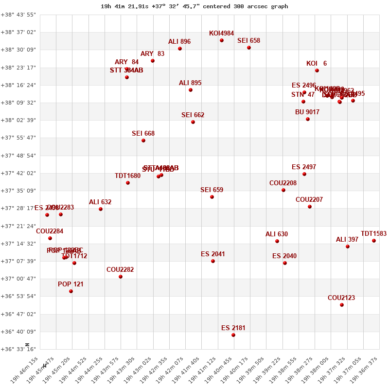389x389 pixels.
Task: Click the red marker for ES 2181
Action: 233,335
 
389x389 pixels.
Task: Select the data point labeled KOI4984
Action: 222,40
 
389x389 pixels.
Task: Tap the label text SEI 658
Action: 248,41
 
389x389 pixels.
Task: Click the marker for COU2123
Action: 342,305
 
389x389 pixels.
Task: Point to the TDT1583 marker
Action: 374,241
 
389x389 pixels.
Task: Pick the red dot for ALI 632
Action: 101,209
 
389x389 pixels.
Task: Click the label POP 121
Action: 71,284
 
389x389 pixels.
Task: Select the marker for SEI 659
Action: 212,197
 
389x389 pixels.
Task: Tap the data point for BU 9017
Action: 308,119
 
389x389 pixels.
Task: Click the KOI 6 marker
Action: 317,71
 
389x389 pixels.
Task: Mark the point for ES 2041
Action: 213,261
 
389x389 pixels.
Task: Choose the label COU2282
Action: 120,269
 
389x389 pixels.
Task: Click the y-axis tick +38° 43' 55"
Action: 18,15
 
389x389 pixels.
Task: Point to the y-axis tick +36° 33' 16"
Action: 18,349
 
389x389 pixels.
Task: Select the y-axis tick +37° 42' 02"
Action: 18,173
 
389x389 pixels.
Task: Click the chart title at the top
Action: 194,6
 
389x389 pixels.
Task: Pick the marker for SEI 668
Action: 143,141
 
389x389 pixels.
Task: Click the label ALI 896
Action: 179,42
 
